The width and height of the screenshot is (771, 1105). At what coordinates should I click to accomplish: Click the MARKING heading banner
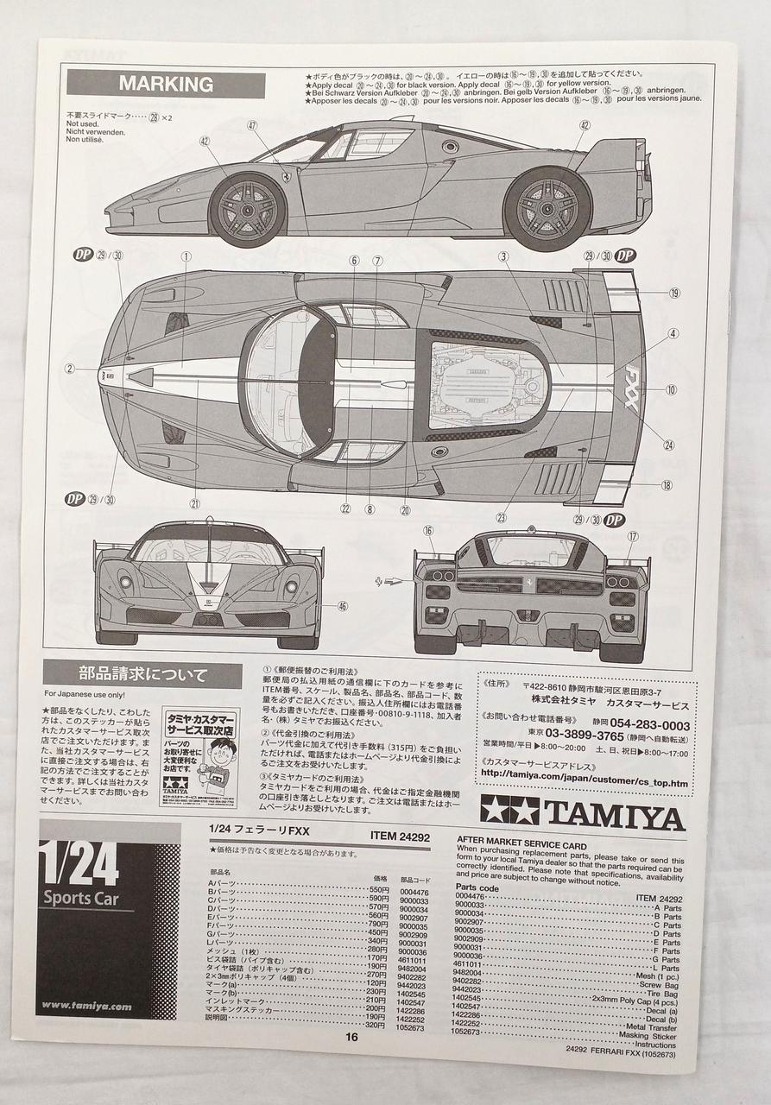(166, 84)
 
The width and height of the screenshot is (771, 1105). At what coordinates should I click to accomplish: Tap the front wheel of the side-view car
(247, 210)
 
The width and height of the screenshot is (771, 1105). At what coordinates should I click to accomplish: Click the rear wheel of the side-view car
(547, 209)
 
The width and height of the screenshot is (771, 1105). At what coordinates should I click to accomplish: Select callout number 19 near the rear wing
(673, 293)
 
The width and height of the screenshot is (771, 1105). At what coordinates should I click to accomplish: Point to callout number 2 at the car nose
(69, 369)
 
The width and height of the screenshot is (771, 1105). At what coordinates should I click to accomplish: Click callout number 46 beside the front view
(342, 606)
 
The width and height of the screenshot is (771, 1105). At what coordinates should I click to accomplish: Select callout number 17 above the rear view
(632, 536)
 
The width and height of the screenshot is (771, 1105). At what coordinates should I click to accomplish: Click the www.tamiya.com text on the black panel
(86, 1006)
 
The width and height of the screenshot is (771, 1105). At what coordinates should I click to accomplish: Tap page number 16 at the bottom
(351, 1038)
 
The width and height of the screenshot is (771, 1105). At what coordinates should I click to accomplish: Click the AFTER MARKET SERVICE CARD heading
(521, 846)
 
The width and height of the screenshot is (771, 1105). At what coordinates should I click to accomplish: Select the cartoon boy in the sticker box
(221, 759)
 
